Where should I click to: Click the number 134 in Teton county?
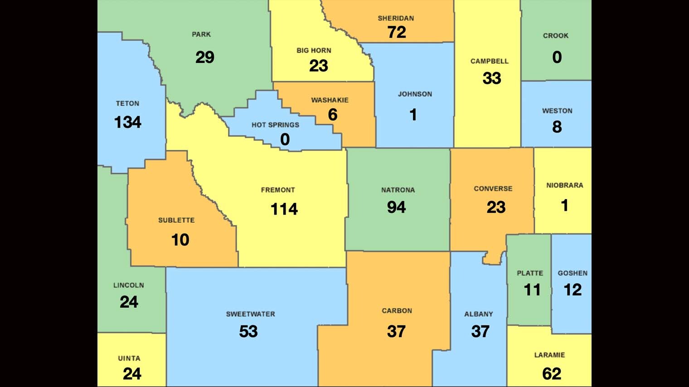127,122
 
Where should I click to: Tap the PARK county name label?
201,34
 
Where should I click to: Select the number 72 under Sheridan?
397,32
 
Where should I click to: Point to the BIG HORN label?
314,51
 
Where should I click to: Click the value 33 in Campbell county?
492,78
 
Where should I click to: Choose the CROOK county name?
555,36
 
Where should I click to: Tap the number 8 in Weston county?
557,127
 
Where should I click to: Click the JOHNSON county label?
415,94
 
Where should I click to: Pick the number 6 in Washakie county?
333,115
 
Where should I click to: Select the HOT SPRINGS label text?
275,125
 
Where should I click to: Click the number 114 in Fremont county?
284,209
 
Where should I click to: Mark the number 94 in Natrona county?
396,207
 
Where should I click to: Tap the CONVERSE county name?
493,189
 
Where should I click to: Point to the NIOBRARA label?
564,186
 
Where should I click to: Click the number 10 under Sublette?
180,240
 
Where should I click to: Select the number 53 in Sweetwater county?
248,332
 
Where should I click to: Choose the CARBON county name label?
397,311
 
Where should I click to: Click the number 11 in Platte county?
532,290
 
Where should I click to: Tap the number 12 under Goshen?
573,290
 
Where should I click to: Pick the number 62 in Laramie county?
552,374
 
